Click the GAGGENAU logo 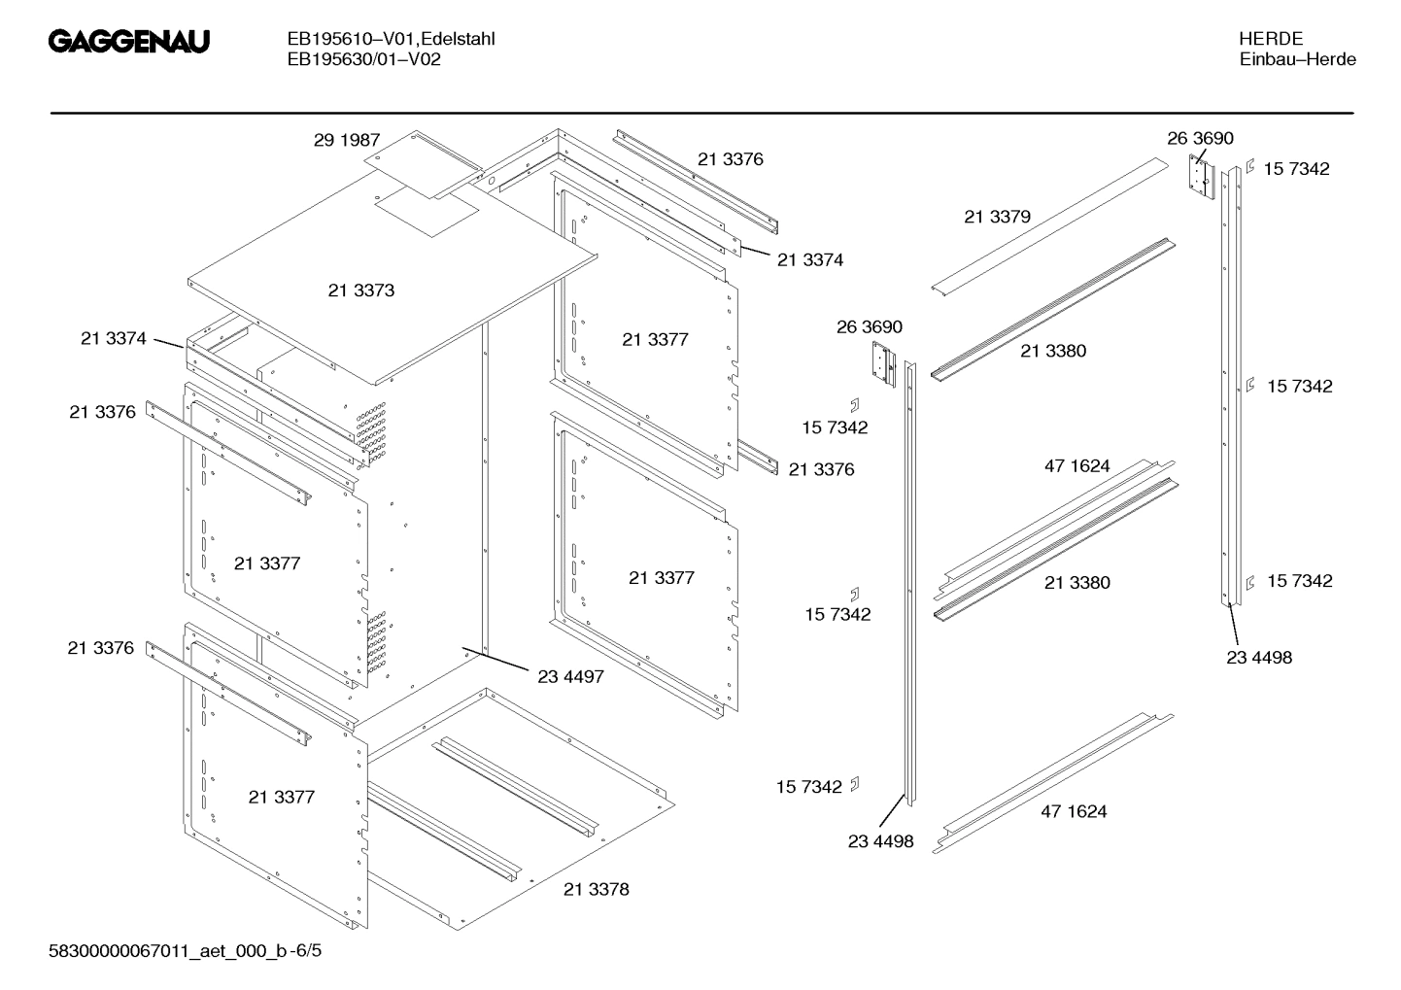[x=128, y=44]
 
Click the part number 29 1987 [x=346, y=140]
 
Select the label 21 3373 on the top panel [x=360, y=290]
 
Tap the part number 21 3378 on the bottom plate [x=596, y=889]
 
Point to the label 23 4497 [x=570, y=676]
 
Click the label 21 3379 [x=997, y=217]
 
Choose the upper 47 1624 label [x=1076, y=466]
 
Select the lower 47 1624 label [x=1074, y=811]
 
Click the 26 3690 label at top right [x=1200, y=139]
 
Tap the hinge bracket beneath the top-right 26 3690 [x=1202, y=178]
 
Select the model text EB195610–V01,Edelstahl [x=391, y=40]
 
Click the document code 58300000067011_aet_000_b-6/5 [x=185, y=950]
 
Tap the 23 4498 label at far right [x=1259, y=658]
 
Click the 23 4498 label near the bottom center [x=880, y=841]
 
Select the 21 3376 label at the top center [x=730, y=159]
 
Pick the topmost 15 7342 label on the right [x=1296, y=169]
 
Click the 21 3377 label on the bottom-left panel [x=281, y=797]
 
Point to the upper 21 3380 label [x=1053, y=351]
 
